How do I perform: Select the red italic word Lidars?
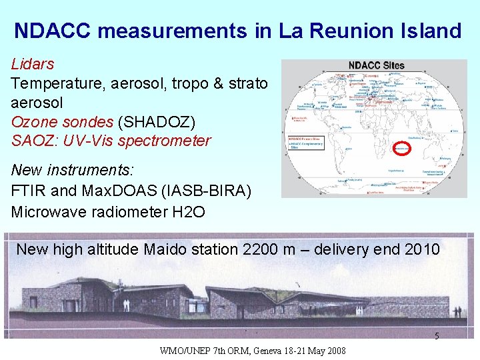33,65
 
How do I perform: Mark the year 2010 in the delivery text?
421,250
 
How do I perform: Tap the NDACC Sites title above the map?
376,66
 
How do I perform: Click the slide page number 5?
437,336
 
